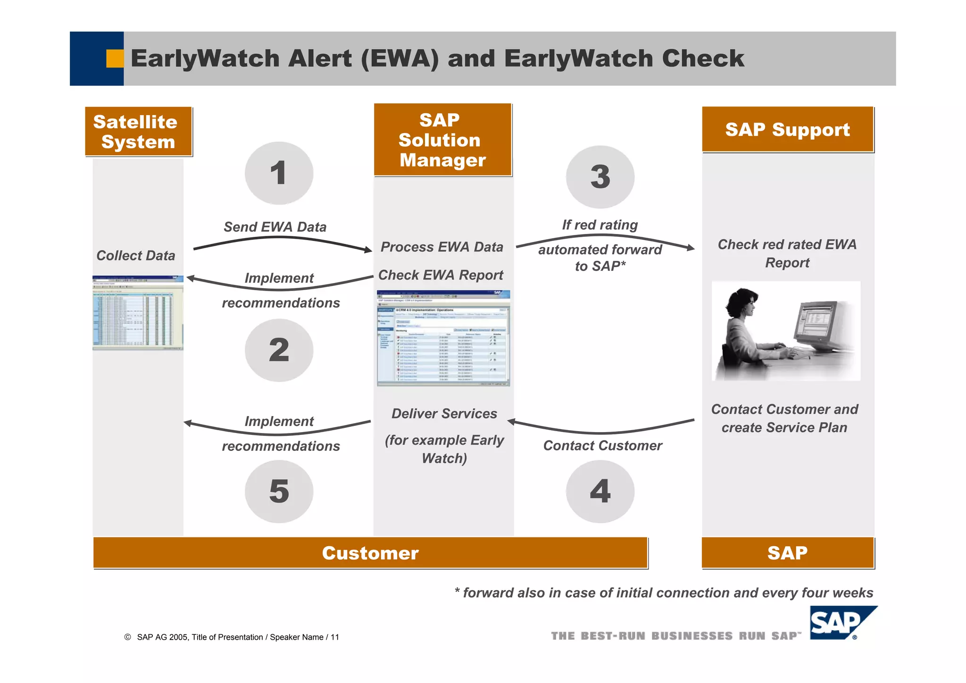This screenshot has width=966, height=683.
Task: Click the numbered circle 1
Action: (279, 173)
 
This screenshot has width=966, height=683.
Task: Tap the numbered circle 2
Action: (279, 350)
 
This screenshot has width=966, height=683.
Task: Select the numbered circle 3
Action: (600, 177)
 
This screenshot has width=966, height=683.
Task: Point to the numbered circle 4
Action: (600, 491)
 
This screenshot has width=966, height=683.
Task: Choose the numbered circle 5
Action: (279, 491)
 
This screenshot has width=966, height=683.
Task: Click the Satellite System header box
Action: (138, 131)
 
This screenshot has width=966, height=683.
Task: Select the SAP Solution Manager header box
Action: (442, 140)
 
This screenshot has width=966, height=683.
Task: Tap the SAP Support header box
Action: (787, 129)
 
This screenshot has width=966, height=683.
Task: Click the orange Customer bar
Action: (370, 553)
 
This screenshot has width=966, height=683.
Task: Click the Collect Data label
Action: (136, 256)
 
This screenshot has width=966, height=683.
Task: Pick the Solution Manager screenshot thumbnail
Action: (443, 338)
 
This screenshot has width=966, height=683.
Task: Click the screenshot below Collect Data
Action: (138, 313)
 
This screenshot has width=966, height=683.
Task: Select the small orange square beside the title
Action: (115, 58)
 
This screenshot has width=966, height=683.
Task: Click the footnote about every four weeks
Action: (663, 593)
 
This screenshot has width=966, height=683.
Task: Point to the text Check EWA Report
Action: (441, 275)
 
